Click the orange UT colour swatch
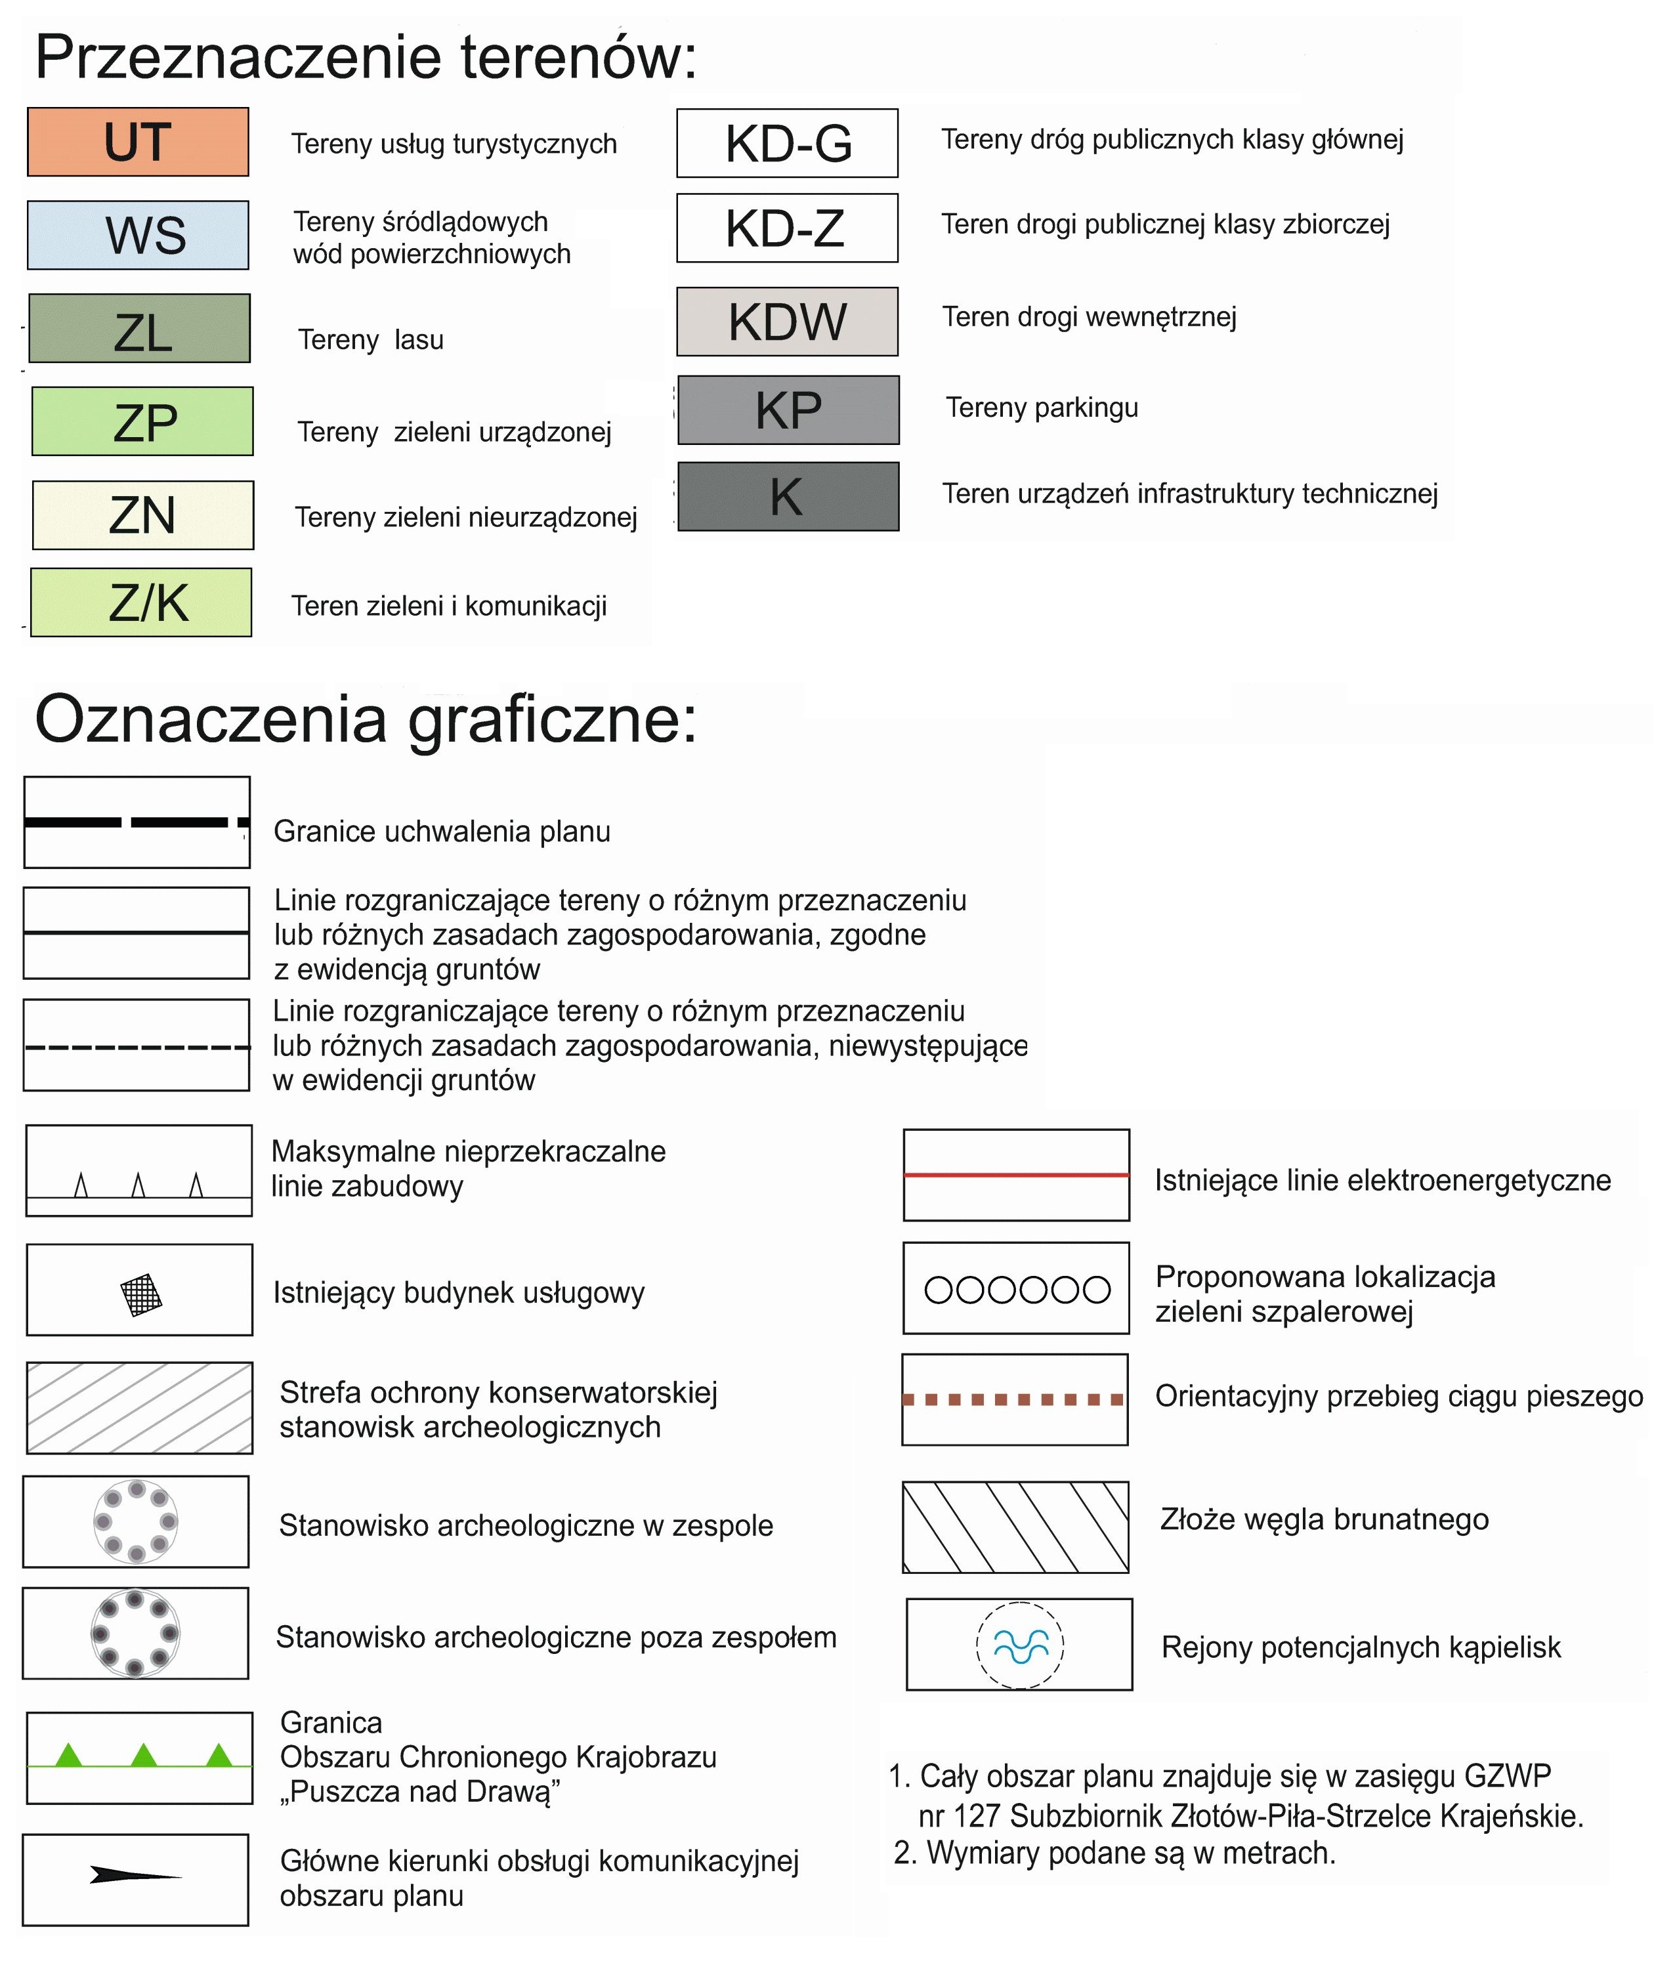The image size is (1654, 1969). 138,142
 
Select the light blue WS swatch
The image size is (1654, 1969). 138,236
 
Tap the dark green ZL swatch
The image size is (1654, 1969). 140,328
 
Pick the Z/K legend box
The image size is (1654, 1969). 142,602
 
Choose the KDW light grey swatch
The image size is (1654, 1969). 787,322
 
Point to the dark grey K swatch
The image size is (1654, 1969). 788,496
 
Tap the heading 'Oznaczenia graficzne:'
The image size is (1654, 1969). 366,719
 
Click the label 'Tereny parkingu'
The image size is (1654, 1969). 1042,408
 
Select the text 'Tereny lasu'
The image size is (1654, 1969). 370,339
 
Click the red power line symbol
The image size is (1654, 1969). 1017,1174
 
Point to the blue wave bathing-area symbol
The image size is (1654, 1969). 1020,1645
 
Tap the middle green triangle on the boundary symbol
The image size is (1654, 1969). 144,1754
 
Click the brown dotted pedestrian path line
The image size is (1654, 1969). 1013,1400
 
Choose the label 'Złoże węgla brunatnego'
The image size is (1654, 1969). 1324,1519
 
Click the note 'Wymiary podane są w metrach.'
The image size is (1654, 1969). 1130,1853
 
